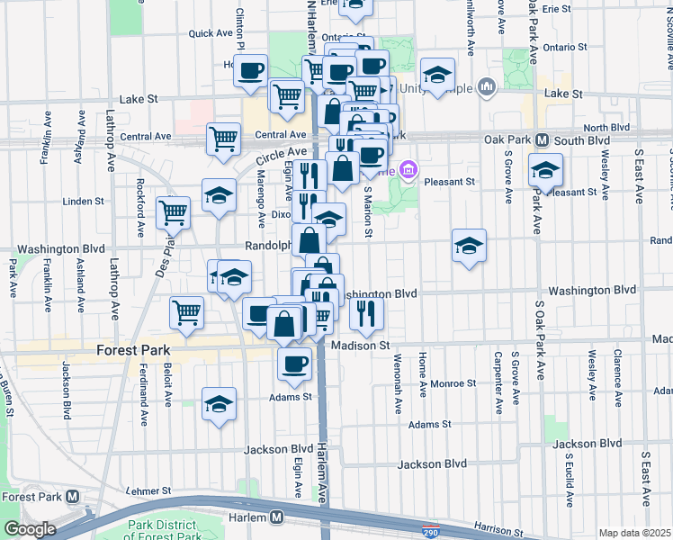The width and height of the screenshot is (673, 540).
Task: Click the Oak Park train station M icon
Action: [543, 140]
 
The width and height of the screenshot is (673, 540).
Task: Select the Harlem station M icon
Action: [277, 517]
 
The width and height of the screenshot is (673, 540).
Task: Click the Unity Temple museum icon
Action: [488, 87]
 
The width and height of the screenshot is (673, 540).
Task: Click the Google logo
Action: [29, 529]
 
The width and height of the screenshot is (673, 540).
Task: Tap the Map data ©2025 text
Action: [634, 533]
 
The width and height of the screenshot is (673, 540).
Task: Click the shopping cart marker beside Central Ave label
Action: [223, 139]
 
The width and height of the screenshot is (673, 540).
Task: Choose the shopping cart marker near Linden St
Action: [173, 212]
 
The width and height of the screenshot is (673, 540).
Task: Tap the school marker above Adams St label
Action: [219, 403]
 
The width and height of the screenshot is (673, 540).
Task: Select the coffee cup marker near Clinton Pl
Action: [251, 68]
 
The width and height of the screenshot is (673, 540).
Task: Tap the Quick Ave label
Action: [211, 33]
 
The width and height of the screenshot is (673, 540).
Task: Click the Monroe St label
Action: [453, 383]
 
